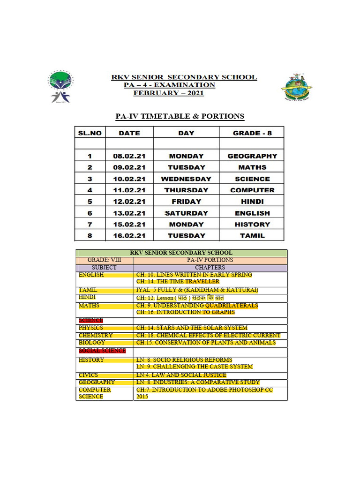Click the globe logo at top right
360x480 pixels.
[x=296, y=87]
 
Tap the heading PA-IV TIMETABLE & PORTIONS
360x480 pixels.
[x=180, y=116]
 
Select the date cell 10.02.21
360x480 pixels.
[x=129, y=179]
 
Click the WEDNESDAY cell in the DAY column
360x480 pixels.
[x=186, y=179]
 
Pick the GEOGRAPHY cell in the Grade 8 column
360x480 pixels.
[x=252, y=156]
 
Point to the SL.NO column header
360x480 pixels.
[x=90, y=133]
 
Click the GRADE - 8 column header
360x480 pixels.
[x=252, y=133]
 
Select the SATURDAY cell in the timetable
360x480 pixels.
[x=186, y=213]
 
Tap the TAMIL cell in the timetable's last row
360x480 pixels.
[x=252, y=235]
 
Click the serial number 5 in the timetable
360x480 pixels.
[x=90, y=202]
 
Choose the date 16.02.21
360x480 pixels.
[x=129, y=235]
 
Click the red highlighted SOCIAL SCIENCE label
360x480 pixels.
[x=102, y=351]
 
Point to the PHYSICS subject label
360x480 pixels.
[x=91, y=328]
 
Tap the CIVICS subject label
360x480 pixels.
[x=89, y=375]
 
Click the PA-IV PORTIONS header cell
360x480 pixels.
[x=210, y=260]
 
